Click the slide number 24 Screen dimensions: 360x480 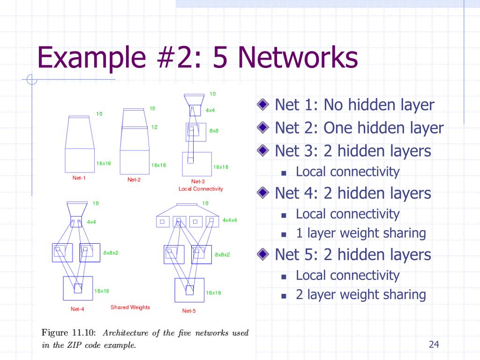click(x=434, y=345)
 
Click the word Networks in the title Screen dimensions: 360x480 click(x=298, y=59)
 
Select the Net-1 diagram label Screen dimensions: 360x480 click(x=79, y=178)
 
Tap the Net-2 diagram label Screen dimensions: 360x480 click(x=134, y=180)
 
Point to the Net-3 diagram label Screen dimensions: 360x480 click(x=198, y=181)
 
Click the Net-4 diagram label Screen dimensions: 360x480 click(x=77, y=309)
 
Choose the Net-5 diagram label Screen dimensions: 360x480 click(x=189, y=311)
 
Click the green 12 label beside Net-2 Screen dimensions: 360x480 click(x=154, y=127)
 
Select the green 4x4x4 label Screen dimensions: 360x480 click(x=230, y=220)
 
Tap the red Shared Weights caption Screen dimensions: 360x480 click(x=130, y=307)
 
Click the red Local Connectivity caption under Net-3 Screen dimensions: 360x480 click(x=201, y=189)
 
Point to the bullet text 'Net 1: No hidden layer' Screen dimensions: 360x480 click(x=354, y=105)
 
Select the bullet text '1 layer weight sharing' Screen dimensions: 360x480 click(x=361, y=233)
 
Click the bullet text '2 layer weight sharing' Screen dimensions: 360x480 click(x=361, y=295)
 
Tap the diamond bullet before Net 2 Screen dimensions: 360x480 click(x=265, y=127)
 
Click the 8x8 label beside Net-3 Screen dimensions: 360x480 click(x=214, y=131)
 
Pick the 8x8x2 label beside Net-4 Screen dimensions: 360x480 click(x=111, y=253)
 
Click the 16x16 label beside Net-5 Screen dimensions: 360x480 click(x=213, y=292)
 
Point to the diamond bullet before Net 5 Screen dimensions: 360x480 click(x=265, y=255)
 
